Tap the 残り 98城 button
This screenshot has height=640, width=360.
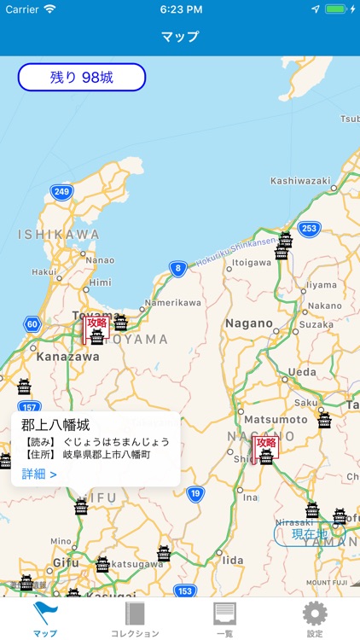pos(82,78)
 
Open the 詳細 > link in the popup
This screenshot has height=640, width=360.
pos(39,474)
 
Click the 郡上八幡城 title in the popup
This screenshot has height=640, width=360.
pos(55,424)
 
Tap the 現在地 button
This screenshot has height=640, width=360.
pos(310,534)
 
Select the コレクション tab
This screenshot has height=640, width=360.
pos(135,620)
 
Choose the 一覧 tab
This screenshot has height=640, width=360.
pos(224,620)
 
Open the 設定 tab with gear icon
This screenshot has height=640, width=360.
pos(315,620)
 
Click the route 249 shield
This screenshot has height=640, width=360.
pos(61,192)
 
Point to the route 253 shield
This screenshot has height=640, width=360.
pos(308,228)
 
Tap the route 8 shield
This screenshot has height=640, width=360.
pos(177,269)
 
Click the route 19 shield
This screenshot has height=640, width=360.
pos(195,493)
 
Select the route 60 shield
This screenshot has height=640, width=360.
pos(32,324)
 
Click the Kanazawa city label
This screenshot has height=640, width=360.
pos(68,356)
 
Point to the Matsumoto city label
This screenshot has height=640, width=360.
pos(274,420)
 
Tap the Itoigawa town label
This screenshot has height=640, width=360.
pos(253,263)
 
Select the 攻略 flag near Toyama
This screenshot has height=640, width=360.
pos(96,323)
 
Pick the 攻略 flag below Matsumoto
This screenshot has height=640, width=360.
pos(266,443)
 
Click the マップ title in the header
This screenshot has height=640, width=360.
pos(180,37)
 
